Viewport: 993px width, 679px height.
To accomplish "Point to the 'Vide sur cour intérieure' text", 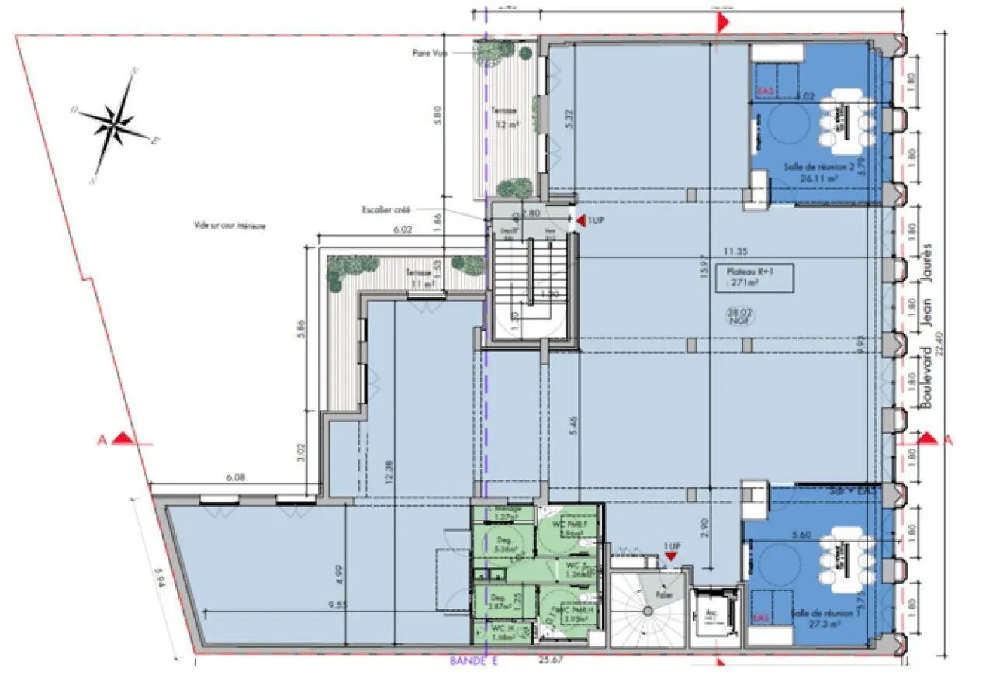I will tap(230, 226).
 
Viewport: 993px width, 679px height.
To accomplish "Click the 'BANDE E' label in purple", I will tap(472, 662).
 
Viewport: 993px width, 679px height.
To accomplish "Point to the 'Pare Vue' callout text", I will tap(427, 53).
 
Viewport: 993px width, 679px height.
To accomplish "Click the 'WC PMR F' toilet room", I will tap(569, 529).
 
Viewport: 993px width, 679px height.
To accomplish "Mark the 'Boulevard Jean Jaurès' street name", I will tap(925, 326).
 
